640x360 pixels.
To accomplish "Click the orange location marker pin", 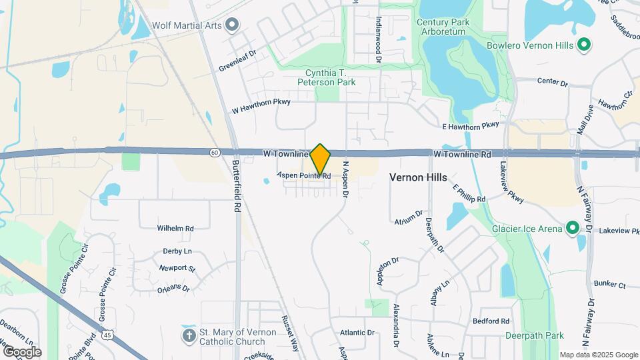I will pyautogui.click(x=321, y=159).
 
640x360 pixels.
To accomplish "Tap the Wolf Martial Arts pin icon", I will pyautogui.click(x=232, y=25).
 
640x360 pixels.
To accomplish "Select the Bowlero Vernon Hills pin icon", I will pyautogui.click(x=584, y=45).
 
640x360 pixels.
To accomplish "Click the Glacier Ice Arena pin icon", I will pyautogui.click(x=572, y=229).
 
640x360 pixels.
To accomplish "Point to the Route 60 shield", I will pyautogui.click(x=213, y=153).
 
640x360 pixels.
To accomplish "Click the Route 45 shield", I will pyautogui.click(x=107, y=335).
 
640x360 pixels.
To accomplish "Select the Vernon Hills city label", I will pyautogui.click(x=418, y=178).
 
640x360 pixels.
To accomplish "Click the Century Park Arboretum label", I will pyautogui.click(x=443, y=27).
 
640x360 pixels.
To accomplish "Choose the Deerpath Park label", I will pyautogui.click(x=534, y=335).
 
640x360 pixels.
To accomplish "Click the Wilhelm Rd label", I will pyautogui.click(x=175, y=228).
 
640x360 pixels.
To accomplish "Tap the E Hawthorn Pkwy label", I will pyautogui.click(x=471, y=125).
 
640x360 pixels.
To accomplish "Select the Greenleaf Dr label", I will pyautogui.click(x=237, y=59).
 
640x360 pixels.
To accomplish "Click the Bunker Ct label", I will pyautogui.click(x=611, y=285).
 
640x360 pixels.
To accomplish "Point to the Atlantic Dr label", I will pyautogui.click(x=357, y=333).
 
